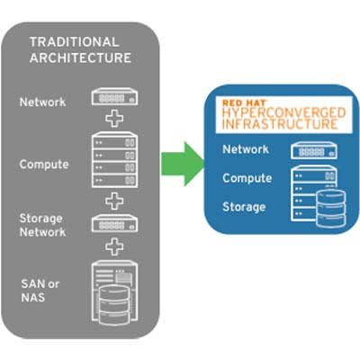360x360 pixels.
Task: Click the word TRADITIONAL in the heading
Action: (74, 42)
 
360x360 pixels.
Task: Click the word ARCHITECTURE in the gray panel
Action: (80, 58)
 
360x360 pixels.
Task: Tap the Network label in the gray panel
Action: (42, 103)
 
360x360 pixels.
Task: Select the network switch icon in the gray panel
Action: (114, 96)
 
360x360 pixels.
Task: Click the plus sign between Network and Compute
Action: (114, 119)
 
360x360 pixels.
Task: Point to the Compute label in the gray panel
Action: (44, 165)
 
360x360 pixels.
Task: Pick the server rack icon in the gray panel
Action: (114, 160)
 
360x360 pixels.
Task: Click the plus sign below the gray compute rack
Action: (114, 201)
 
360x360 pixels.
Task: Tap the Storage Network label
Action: (42, 225)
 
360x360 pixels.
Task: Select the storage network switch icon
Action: (114, 223)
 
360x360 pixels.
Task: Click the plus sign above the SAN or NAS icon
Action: (114, 247)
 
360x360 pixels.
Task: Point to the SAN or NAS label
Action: (40, 291)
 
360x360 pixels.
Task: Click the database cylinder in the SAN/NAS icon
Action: (114, 305)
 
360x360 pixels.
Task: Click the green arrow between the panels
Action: (183, 164)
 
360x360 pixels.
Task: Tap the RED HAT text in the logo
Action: (244, 103)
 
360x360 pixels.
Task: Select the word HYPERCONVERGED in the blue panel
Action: (284, 113)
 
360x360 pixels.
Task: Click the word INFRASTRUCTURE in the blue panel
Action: (280, 124)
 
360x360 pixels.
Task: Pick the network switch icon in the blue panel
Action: (314, 150)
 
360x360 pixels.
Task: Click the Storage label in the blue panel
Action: (244, 207)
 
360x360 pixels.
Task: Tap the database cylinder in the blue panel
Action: (331, 209)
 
